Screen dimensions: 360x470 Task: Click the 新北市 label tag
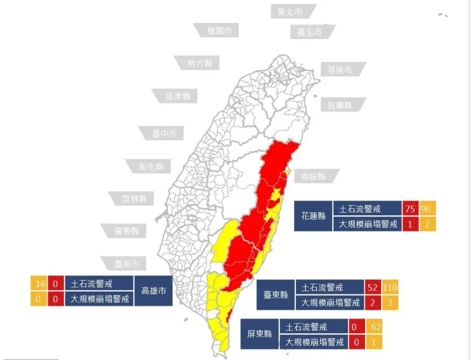[x=289, y=12]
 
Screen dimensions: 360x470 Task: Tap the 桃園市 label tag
[x=220, y=30]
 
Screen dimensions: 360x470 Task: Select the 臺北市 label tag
[x=310, y=32]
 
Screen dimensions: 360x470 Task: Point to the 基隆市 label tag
[x=340, y=70]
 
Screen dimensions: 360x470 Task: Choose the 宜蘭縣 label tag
[x=340, y=105]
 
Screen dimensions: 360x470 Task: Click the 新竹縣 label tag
[x=200, y=64]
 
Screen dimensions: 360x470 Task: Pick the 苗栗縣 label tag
[x=178, y=97]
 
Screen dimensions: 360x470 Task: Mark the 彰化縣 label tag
[x=151, y=166]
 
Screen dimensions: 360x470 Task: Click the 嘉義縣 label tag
[x=127, y=231]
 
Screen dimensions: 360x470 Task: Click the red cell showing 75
[x=410, y=208]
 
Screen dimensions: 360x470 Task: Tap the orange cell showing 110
[x=390, y=287]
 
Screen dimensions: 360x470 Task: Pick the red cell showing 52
[x=372, y=287]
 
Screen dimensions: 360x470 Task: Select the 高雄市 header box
[x=153, y=291]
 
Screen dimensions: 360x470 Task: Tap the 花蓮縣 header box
[x=314, y=216]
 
